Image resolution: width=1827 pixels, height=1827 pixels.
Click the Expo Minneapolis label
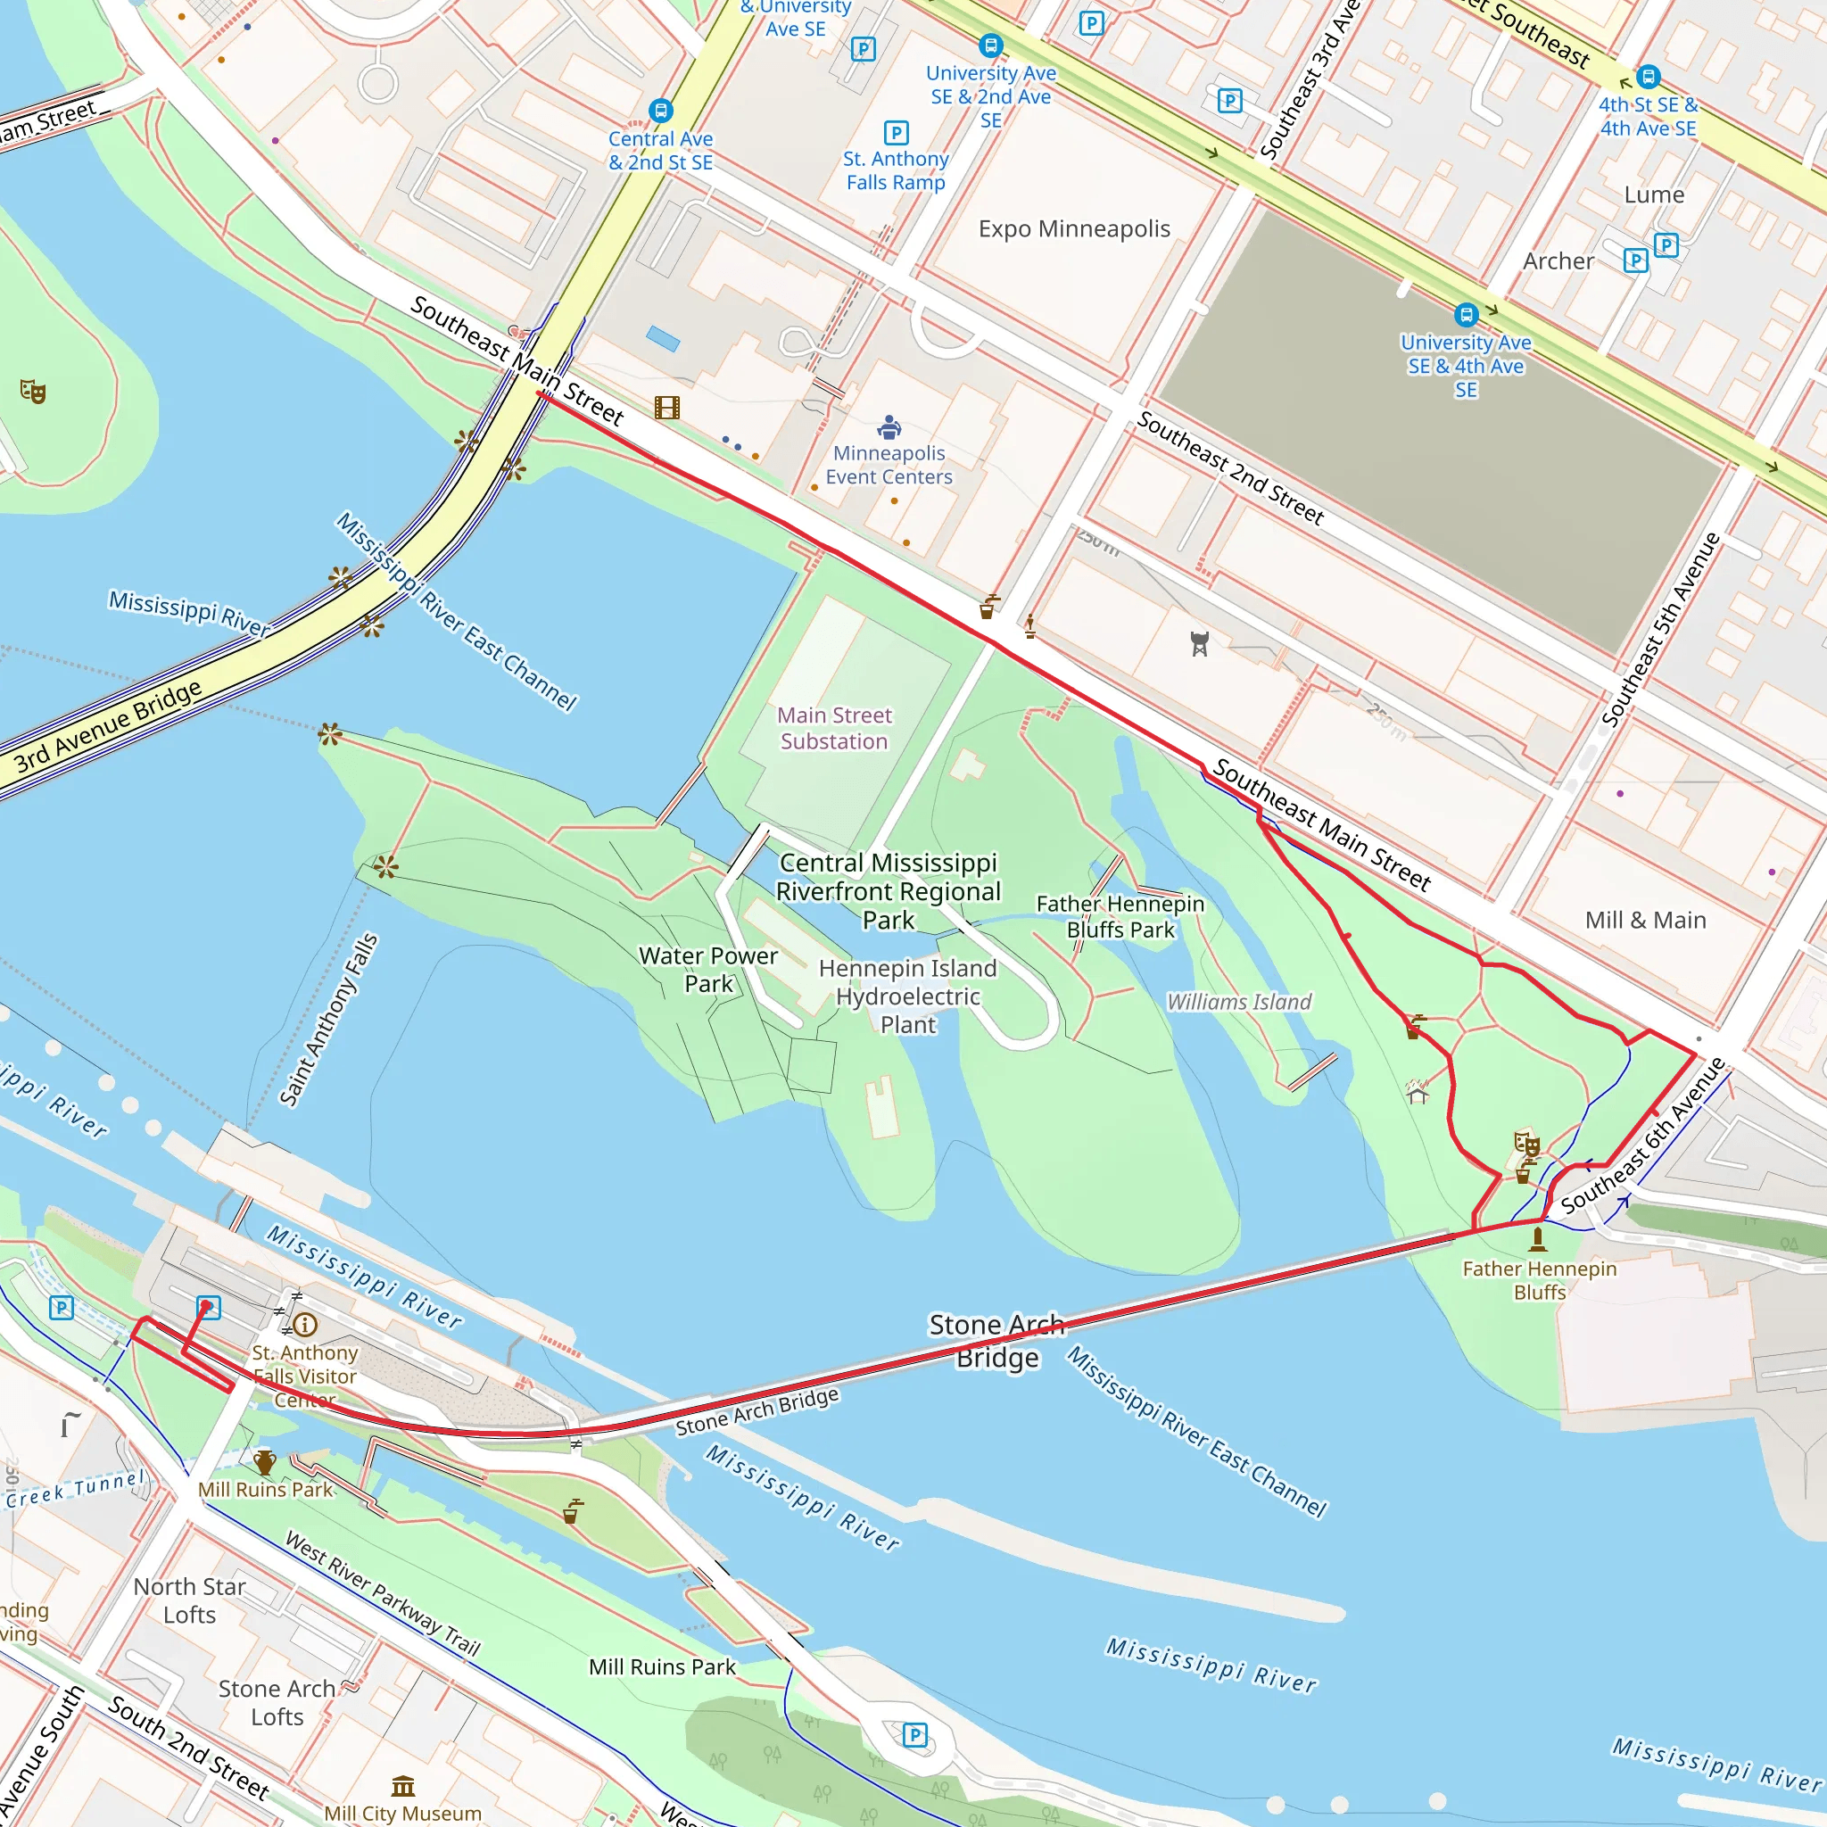coord(1074,229)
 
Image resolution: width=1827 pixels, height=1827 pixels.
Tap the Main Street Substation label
coord(834,728)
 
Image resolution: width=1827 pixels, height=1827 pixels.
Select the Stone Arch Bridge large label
coord(996,1341)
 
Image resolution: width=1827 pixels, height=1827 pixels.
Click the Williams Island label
coord(1239,1002)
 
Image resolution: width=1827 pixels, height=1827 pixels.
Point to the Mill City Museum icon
coord(403,1785)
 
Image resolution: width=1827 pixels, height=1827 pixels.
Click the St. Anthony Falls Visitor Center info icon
coord(304,1325)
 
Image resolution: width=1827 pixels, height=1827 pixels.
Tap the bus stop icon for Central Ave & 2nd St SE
coord(661,111)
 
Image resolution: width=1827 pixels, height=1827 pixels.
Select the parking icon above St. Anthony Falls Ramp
coord(896,132)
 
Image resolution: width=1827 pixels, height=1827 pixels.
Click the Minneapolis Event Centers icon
coord(889,427)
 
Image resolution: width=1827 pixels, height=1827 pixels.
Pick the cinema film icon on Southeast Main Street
coord(666,408)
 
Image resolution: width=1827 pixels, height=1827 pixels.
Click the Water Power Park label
coord(708,970)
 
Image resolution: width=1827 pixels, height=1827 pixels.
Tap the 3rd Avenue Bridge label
coord(108,725)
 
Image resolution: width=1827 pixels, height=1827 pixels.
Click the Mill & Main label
coord(1645,920)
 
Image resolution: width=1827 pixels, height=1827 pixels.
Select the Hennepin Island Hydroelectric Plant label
coord(908,996)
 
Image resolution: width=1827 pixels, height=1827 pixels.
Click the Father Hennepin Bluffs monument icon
coord(1538,1238)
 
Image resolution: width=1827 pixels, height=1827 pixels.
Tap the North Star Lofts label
coord(189,1600)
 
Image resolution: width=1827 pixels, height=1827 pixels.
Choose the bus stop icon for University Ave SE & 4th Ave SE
coord(1466,314)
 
